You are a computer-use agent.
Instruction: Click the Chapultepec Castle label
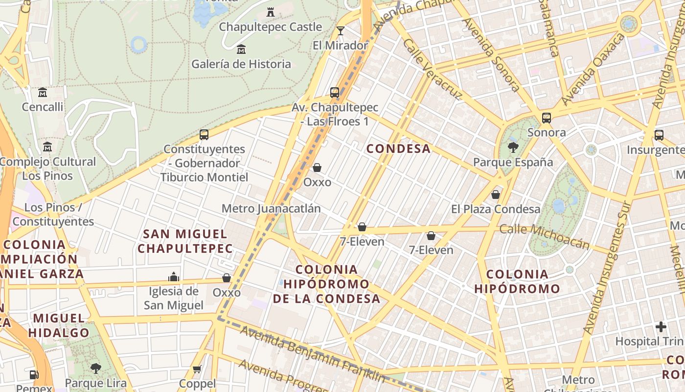tap(270, 27)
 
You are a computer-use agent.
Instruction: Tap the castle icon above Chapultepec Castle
tap(270, 12)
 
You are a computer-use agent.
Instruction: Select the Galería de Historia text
tap(241, 64)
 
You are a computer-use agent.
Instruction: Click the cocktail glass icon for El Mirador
tap(341, 31)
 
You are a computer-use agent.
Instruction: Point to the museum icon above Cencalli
tap(43, 92)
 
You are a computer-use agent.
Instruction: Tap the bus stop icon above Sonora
tap(547, 118)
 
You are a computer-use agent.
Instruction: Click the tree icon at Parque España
tap(513, 147)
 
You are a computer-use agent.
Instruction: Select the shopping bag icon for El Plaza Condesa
tap(496, 195)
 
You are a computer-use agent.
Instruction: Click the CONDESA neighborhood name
tap(398, 149)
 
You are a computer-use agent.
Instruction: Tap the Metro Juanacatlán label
tap(271, 209)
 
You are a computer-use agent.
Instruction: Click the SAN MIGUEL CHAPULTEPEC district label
tap(185, 241)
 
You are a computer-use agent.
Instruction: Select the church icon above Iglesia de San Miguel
tap(174, 277)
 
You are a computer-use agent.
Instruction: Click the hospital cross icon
tap(661, 326)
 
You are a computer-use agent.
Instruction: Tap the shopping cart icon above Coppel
tap(197, 369)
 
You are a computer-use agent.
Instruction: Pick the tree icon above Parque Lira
tap(96, 368)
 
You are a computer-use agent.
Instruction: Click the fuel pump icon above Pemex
tap(34, 375)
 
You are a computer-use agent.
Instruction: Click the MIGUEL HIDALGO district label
tap(59, 325)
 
